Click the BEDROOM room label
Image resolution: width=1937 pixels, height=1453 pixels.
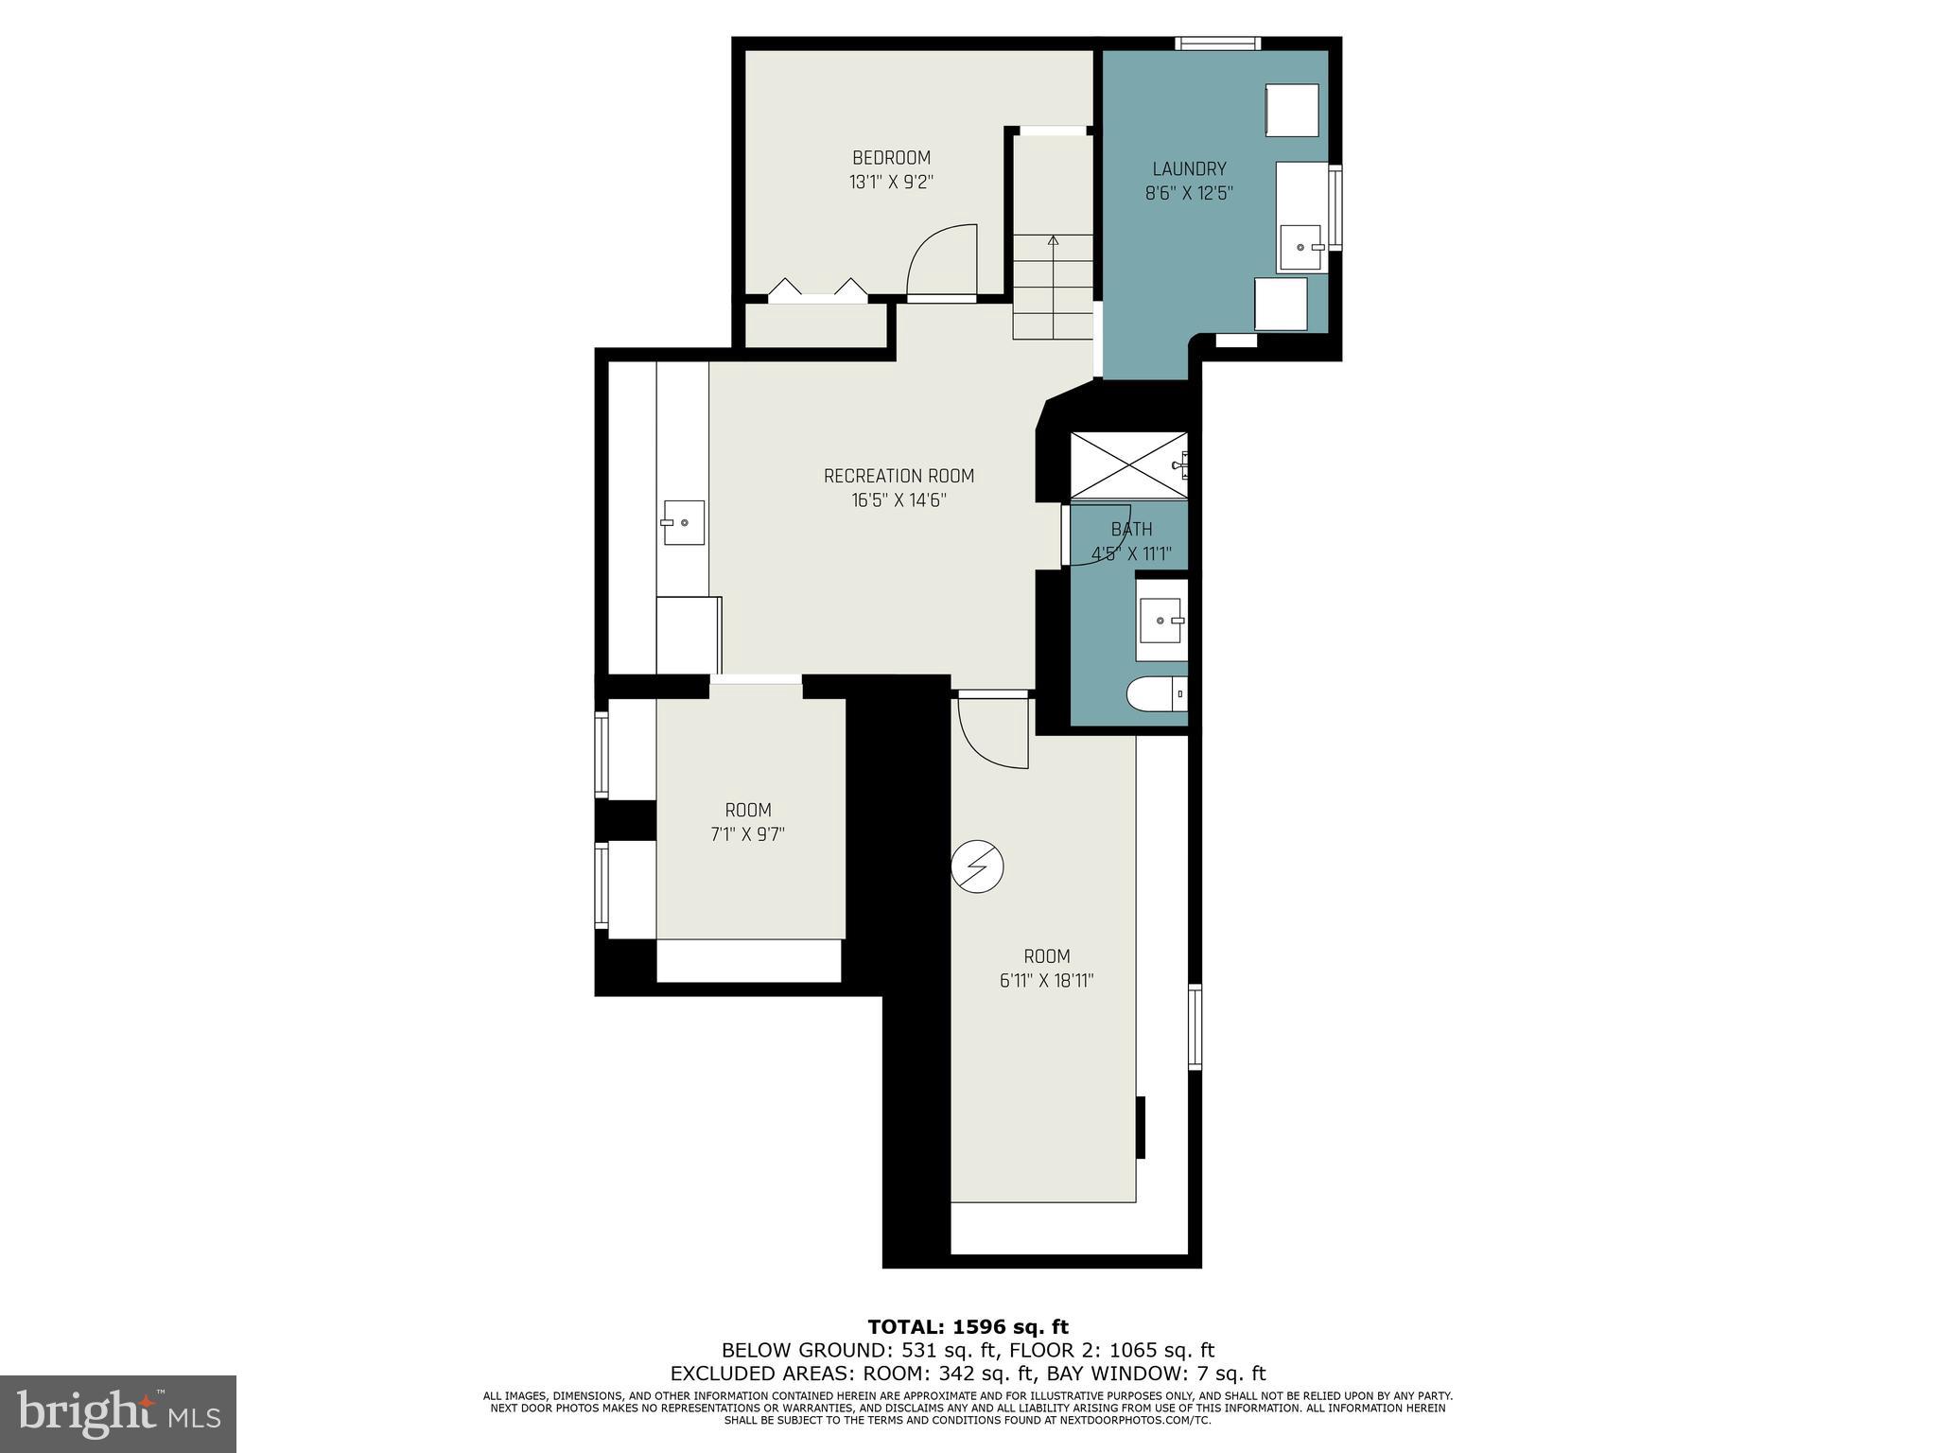pyautogui.click(x=891, y=158)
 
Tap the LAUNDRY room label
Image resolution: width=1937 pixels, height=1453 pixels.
pyautogui.click(x=1189, y=169)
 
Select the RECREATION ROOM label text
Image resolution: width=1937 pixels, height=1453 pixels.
pyautogui.click(x=899, y=476)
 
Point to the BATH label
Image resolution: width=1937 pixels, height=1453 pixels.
pyautogui.click(x=1131, y=530)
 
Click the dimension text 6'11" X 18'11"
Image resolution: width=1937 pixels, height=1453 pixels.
pyautogui.click(x=1046, y=981)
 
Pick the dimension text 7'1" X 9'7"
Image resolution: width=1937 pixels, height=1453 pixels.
pyautogui.click(x=748, y=834)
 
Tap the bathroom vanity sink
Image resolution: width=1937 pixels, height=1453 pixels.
pyautogui.click(x=1162, y=621)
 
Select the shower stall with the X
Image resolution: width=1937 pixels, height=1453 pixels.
pyautogui.click(x=1127, y=464)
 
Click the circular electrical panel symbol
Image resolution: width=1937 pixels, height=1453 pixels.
pyautogui.click(x=977, y=867)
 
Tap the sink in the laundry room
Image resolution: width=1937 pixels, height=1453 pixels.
pyautogui.click(x=1302, y=248)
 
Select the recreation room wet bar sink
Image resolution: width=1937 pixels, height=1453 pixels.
pyautogui.click(x=683, y=522)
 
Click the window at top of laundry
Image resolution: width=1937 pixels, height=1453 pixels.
pyautogui.click(x=1217, y=43)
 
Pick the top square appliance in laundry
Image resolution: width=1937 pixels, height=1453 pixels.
pyautogui.click(x=1292, y=110)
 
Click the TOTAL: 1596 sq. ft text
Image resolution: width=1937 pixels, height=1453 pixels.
pyautogui.click(x=968, y=1327)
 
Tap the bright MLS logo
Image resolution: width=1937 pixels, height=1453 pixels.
pyautogui.click(x=118, y=1413)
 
